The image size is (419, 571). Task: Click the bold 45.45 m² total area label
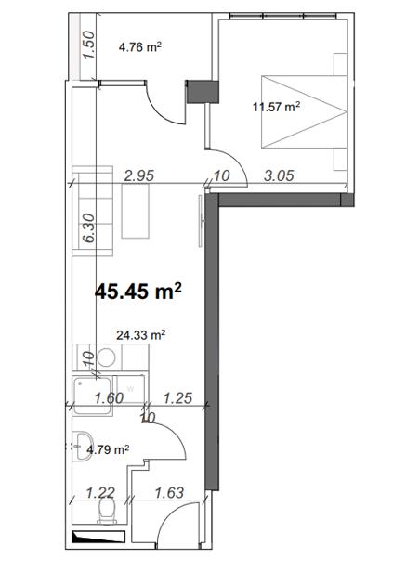138,292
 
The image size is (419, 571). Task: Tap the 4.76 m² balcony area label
140,47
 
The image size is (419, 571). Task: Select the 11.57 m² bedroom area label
277,107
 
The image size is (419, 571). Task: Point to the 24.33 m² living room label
141,335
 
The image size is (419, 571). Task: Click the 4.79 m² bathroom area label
108,449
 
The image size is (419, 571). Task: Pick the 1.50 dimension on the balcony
88,45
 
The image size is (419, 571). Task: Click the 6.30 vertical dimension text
88,228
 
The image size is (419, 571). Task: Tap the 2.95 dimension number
139,175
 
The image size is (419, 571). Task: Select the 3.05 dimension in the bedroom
279,175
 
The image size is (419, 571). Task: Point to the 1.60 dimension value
109,398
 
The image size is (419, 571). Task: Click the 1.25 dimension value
177,398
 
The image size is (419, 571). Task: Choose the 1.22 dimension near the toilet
100,493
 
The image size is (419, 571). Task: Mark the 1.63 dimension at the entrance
169,493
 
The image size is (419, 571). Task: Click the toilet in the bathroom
107,511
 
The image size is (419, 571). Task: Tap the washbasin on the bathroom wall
83,446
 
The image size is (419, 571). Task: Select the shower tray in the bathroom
93,396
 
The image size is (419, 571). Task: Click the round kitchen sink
107,357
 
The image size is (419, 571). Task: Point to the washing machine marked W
130,389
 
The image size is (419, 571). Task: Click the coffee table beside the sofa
136,211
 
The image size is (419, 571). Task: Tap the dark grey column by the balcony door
203,92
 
